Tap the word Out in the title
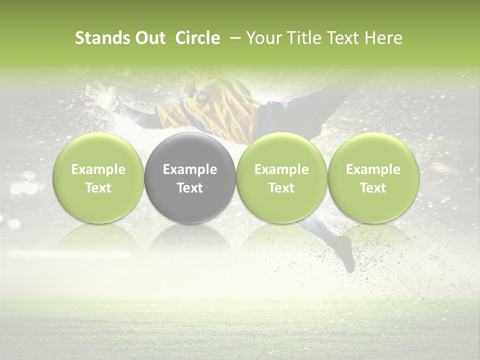point(149,38)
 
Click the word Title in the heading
point(304,38)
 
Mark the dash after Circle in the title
point(233,38)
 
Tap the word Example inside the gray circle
point(190,169)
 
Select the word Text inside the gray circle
point(190,188)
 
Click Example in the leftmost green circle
point(98,169)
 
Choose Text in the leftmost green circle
point(98,188)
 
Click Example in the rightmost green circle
point(373,169)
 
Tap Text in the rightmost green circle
point(373,188)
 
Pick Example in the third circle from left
point(281,169)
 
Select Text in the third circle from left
point(281,188)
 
